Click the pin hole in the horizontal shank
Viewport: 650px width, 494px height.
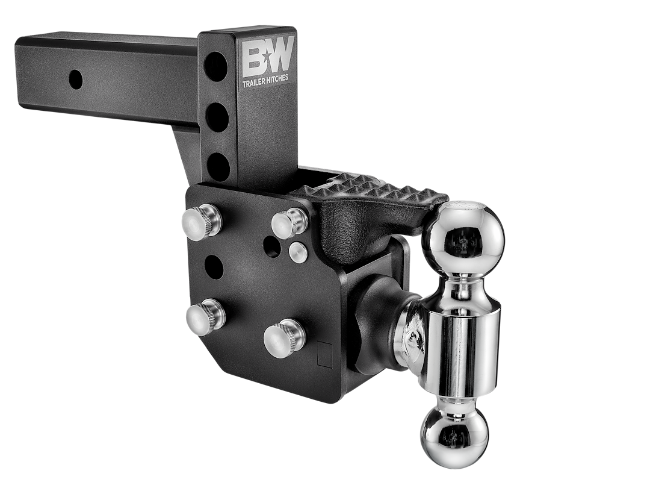tap(75, 78)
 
